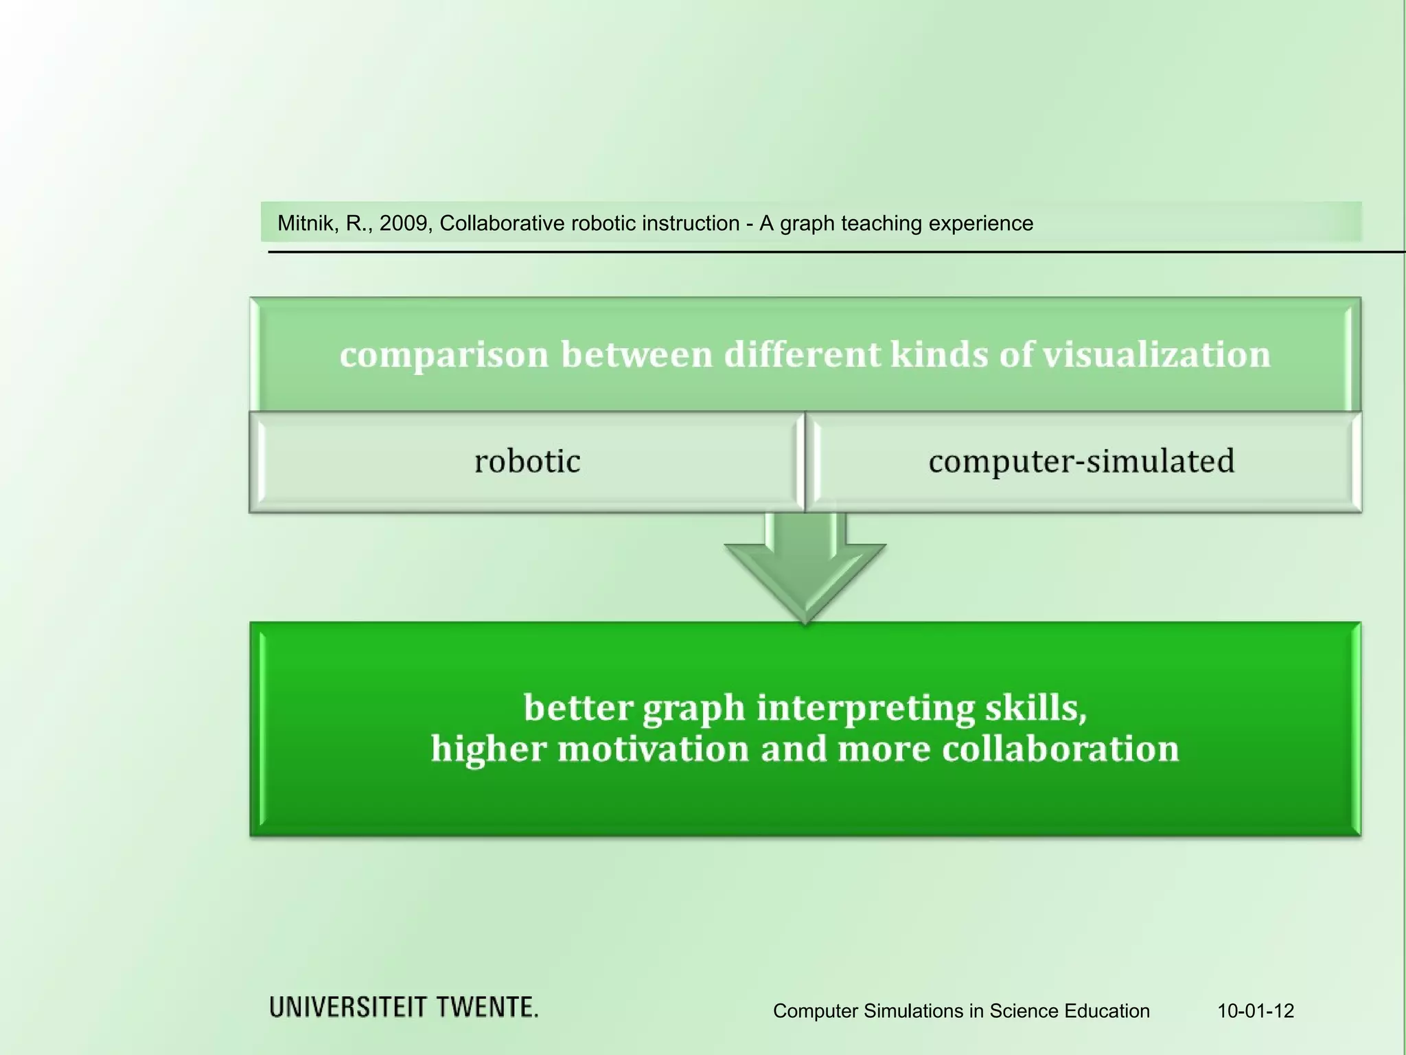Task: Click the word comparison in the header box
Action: (444, 356)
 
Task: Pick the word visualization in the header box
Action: (1157, 354)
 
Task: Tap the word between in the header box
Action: (636, 354)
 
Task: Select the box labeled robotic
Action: (527, 462)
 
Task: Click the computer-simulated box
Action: (1082, 462)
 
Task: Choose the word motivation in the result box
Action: (653, 749)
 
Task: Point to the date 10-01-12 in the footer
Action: (1256, 1011)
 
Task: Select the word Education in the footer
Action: (1107, 1011)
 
